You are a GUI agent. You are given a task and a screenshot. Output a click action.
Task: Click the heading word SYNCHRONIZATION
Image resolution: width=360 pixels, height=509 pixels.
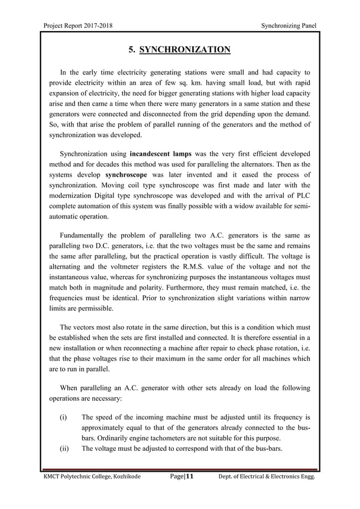click(185, 50)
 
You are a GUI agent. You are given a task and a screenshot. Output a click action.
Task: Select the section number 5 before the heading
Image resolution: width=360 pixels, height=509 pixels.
click(131, 50)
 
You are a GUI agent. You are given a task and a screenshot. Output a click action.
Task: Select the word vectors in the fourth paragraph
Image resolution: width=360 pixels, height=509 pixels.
click(86, 330)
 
